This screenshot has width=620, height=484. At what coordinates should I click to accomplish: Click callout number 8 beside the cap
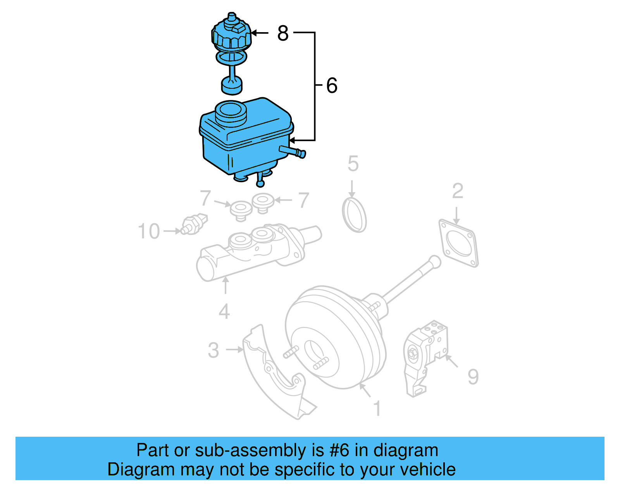pyautogui.click(x=283, y=33)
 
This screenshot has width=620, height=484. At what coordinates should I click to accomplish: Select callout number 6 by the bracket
pyautogui.click(x=332, y=86)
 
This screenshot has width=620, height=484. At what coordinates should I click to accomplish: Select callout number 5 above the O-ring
pyautogui.click(x=353, y=164)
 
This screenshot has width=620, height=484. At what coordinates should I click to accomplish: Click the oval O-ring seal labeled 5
pyautogui.click(x=354, y=215)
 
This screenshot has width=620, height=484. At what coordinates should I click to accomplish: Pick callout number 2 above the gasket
pyautogui.click(x=458, y=191)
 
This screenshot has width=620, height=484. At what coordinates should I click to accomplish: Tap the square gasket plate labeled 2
pyautogui.click(x=459, y=243)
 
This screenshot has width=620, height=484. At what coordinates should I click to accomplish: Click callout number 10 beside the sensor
pyautogui.click(x=149, y=231)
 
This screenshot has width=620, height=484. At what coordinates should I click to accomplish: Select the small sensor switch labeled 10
pyautogui.click(x=195, y=224)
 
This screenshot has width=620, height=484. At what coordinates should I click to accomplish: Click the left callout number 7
pyautogui.click(x=205, y=198)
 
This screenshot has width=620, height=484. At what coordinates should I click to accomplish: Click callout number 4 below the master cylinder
pyautogui.click(x=224, y=312)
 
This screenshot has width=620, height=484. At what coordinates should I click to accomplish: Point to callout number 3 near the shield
pyautogui.click(x=214, y=350)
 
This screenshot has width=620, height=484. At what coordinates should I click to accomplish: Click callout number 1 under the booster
pyautogui.click(x=377, y=409)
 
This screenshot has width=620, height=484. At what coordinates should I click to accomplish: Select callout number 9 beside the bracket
pyautogui.click(x=473, y=377)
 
